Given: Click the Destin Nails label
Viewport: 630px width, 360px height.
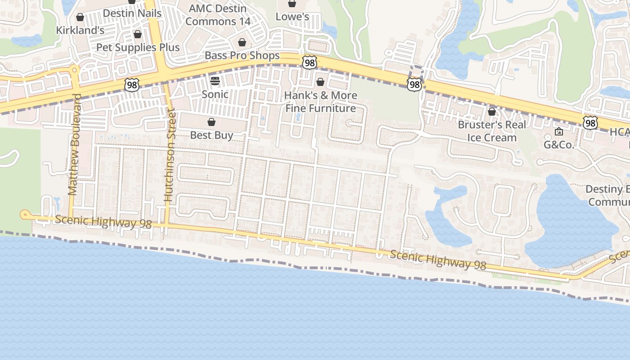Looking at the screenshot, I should (132, 13).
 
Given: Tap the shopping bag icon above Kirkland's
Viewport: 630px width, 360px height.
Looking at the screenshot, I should (80, 18).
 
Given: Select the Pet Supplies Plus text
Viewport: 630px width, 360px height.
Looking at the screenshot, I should (138, 47).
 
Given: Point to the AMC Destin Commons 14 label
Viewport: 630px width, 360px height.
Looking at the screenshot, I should (217, 15).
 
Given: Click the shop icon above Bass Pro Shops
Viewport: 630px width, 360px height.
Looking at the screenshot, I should (242, 42).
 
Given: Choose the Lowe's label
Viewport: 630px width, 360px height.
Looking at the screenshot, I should (292, 17).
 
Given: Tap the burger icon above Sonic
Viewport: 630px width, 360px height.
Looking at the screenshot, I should (215, 81).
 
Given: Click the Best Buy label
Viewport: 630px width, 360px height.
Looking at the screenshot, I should (211, 135).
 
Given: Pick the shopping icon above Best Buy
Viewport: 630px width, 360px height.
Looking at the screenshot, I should (211, 122).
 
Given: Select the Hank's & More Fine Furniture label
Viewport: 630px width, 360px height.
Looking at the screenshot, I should (321, 102).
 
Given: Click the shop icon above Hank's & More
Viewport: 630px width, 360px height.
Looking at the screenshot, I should (320, 82).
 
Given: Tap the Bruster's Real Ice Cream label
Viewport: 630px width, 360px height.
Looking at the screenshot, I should (492, 131).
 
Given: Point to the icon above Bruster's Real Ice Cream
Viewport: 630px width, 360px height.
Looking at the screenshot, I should (492, 111).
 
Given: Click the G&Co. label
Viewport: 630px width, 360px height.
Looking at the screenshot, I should (559, 144).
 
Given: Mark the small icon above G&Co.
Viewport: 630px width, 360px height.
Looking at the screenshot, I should (559, 131).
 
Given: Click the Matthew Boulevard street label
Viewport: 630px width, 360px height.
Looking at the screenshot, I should (74, 144).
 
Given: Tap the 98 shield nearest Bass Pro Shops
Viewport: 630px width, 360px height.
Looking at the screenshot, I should (309, 63).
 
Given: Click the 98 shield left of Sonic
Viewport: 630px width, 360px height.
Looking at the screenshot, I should (132, 84).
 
